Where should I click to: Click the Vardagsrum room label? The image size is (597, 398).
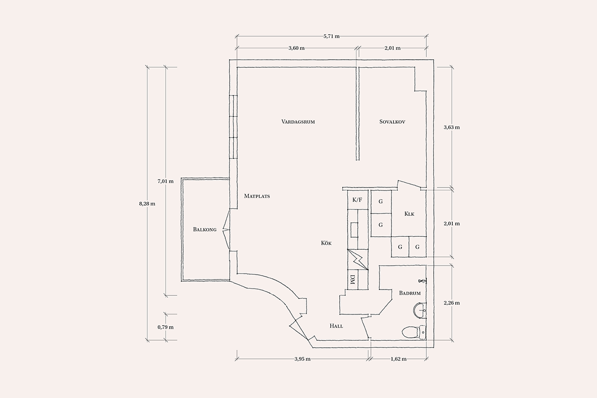point(298,122)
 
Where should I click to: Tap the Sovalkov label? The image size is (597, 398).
point(393,122)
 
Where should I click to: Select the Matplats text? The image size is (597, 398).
point(257,196)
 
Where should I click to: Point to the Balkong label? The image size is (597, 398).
point(204,229)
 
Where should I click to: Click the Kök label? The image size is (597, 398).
point(326,243)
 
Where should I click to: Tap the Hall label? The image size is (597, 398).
point(336,326)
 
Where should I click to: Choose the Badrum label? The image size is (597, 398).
point(410,293)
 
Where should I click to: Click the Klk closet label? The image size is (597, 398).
point(409,214)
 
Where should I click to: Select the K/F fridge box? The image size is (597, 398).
point(358,200)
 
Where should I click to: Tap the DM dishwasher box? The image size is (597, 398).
point(353,280)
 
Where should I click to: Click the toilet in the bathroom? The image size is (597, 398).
point(414,332)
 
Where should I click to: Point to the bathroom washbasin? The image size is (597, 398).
point(420,310)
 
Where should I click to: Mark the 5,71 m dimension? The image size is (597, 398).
point(331,36)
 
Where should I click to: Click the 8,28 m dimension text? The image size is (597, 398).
point(147,204)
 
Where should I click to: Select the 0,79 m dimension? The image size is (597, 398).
point(166,327)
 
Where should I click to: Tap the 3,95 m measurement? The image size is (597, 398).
point(302,359)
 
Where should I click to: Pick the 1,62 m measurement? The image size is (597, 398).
point(398,359)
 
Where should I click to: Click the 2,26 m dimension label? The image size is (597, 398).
point(452,303)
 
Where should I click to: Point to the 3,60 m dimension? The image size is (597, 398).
point(297,48)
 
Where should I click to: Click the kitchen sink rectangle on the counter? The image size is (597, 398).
point(354,230)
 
